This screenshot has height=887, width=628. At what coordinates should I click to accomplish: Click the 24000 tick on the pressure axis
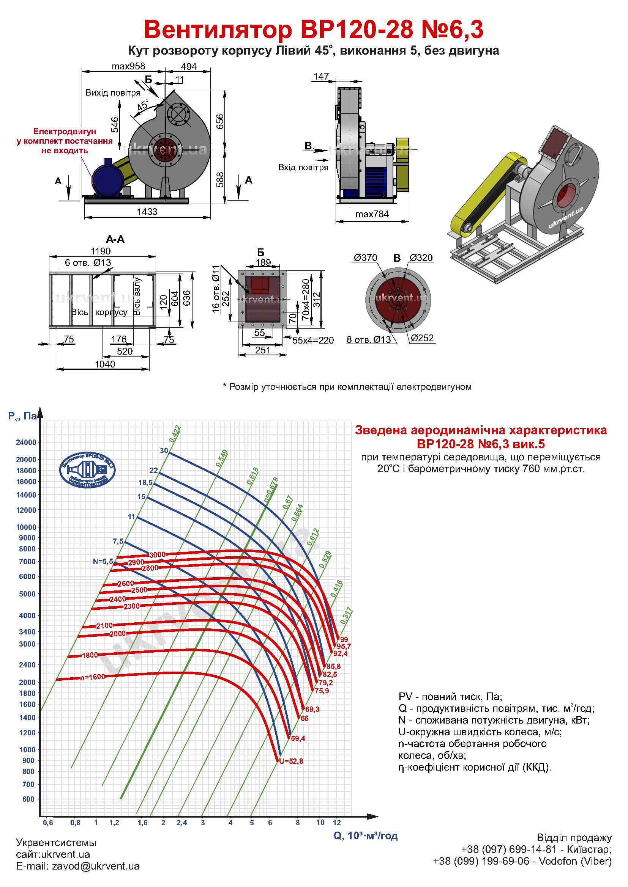[26, 442]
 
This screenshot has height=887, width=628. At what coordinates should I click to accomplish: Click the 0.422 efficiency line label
[175, 433]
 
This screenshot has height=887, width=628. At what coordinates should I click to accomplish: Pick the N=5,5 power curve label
[103, 561]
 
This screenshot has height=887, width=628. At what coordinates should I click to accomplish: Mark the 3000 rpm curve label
[158, 555]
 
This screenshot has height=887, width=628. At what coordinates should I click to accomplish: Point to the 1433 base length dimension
[147, 212]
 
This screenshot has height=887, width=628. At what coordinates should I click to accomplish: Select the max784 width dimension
[372, 214]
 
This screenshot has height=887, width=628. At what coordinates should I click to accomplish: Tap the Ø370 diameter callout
[365, 257]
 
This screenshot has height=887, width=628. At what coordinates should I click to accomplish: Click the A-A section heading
[115, 240]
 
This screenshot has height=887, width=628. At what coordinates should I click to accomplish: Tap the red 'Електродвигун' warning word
[65, 132]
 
